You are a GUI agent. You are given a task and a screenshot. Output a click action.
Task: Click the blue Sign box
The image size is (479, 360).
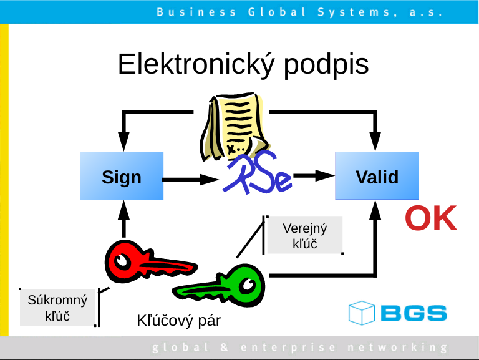tap(122, 177)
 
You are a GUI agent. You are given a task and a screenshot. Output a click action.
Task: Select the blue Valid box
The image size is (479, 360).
tap(377, 177)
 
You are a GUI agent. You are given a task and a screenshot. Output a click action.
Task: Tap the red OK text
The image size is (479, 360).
tap(430, 218)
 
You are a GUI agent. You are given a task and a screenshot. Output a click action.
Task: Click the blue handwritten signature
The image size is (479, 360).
tap(257, 177)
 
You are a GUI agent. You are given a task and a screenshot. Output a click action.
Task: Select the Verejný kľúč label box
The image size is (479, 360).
tap(304, 235)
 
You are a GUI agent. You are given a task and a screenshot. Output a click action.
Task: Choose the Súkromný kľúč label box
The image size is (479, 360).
tap(57, 308)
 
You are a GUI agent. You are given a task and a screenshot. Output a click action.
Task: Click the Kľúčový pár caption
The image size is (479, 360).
tap(178, 321)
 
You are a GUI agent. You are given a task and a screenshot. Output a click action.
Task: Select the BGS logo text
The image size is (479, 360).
tap(412, 313)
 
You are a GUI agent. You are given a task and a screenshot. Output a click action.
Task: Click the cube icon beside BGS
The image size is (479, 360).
tap(361, 313)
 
